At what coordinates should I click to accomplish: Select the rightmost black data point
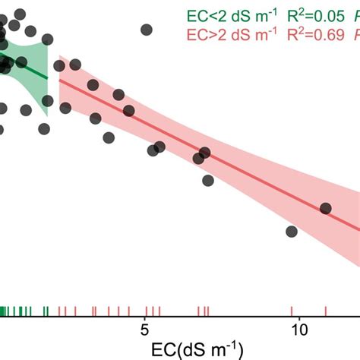[x=326, y=208]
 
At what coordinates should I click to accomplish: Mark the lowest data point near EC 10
[x=292, y=231]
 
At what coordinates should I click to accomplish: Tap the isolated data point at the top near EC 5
[x=146, y=30]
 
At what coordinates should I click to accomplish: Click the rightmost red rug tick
[x=326, y=310]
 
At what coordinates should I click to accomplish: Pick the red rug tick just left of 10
[x=292, y=310]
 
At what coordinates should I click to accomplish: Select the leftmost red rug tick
[x=59, y=310]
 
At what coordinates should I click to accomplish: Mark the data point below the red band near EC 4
[x=109, y=138]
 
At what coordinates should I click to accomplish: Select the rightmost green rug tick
[x=47, y=310]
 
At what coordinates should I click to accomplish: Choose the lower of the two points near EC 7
[x=208, y=180]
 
